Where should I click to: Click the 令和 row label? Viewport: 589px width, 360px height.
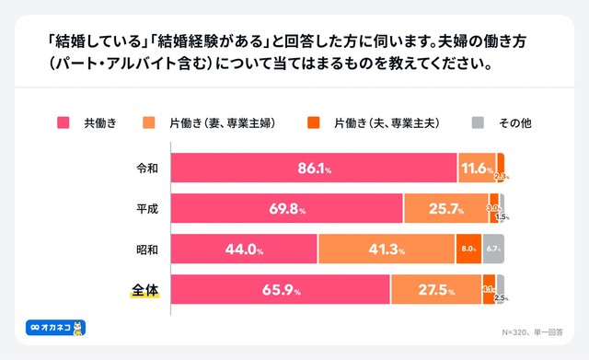[146, 168]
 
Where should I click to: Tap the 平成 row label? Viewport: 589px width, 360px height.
[146, 209]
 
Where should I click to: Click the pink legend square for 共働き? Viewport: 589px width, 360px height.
[65, 122]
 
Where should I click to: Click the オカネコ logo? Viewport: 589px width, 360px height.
[54, 327]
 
